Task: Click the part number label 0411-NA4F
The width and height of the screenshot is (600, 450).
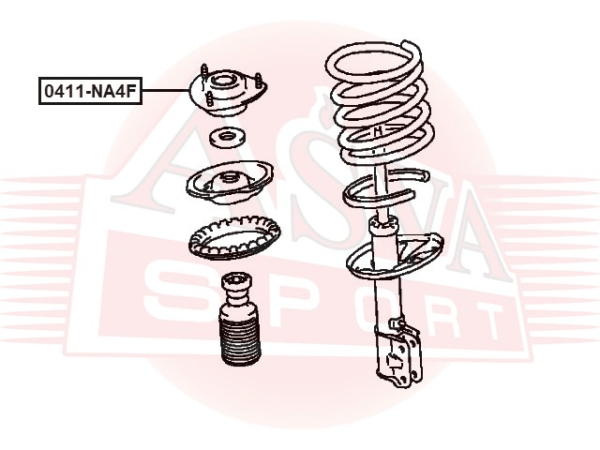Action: [90, 91]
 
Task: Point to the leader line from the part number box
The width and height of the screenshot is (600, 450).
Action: [166, 91]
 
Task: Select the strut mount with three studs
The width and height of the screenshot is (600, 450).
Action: [228, 92]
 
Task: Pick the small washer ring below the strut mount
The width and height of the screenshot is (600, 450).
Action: [228, 138]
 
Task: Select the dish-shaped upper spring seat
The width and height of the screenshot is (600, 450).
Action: [230, 182]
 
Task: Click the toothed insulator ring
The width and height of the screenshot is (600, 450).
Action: [234, 237]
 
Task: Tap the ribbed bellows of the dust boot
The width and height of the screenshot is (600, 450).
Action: [240, 342]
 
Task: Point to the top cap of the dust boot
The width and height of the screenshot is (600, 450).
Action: [237, 283]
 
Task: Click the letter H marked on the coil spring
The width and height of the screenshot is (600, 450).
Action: [378, 131]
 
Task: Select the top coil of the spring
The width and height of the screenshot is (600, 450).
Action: [375, 61]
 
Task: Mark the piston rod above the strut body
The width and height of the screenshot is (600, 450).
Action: [380, 190]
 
